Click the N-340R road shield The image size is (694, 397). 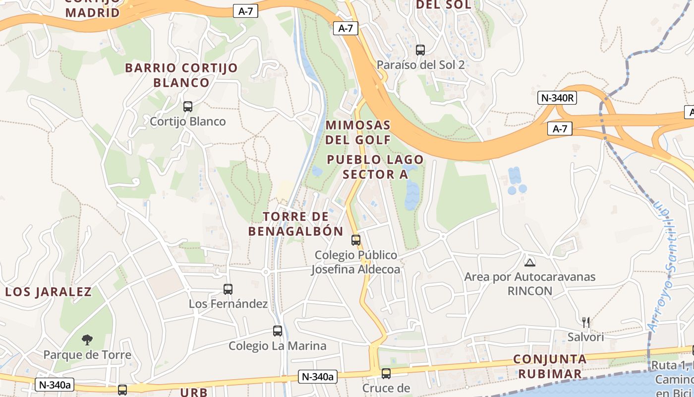[x=557, y=98]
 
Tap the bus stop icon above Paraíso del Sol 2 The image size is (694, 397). [x=420, y=50]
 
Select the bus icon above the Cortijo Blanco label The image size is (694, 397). [x=188, y=106]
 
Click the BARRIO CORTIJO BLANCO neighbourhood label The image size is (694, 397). [x=181, y=75]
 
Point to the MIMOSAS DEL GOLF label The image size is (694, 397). [x=358, y=132]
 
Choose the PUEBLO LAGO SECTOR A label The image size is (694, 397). [x=375, y=167]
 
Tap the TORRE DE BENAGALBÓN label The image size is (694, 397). [x=296, y=224]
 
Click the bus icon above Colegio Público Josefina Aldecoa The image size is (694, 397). [x=356, y=240]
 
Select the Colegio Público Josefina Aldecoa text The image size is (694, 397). [x=356, y=262]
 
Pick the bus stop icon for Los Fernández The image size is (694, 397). [x=228, y=289]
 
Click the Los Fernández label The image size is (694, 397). [x=228, y=304]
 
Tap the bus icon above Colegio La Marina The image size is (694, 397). [x=278, y=331]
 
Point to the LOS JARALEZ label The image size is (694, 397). [x=49, y=292]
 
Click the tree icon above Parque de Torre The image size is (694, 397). [x=87, y=340]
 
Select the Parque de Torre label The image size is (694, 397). [x=87, y=355]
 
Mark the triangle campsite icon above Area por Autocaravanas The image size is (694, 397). [x=530, y=262]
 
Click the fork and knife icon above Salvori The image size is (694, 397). [x=586, y=323]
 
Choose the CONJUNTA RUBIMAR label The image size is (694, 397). [x=550, y=366]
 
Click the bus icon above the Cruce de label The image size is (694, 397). [x=386, y=373]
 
